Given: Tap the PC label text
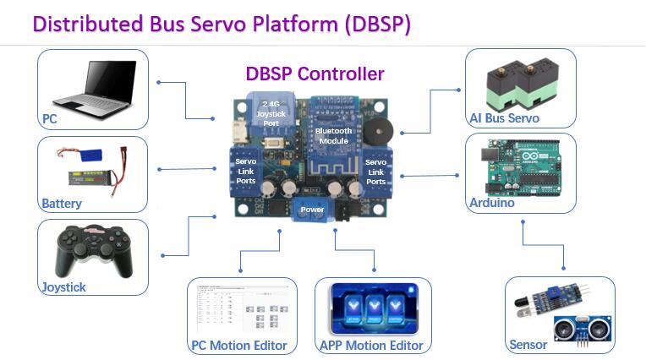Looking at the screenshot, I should tap(50, 119).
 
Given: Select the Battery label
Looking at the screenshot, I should tap(62, 204).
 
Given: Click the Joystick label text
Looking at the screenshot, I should tap(64, 287).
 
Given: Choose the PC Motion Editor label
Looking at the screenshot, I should tap(238, 345).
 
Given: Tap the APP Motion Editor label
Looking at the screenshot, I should tap(371, 345).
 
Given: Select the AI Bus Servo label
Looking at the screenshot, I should tap(505, 118).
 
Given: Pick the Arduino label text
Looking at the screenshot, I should tap(492, 203).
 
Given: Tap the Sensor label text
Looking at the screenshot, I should tap(528, 345).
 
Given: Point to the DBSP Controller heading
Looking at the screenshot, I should tap(315, 74).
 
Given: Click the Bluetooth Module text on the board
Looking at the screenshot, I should tap(334, 137).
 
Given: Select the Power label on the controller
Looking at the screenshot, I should tap(312, 208).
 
